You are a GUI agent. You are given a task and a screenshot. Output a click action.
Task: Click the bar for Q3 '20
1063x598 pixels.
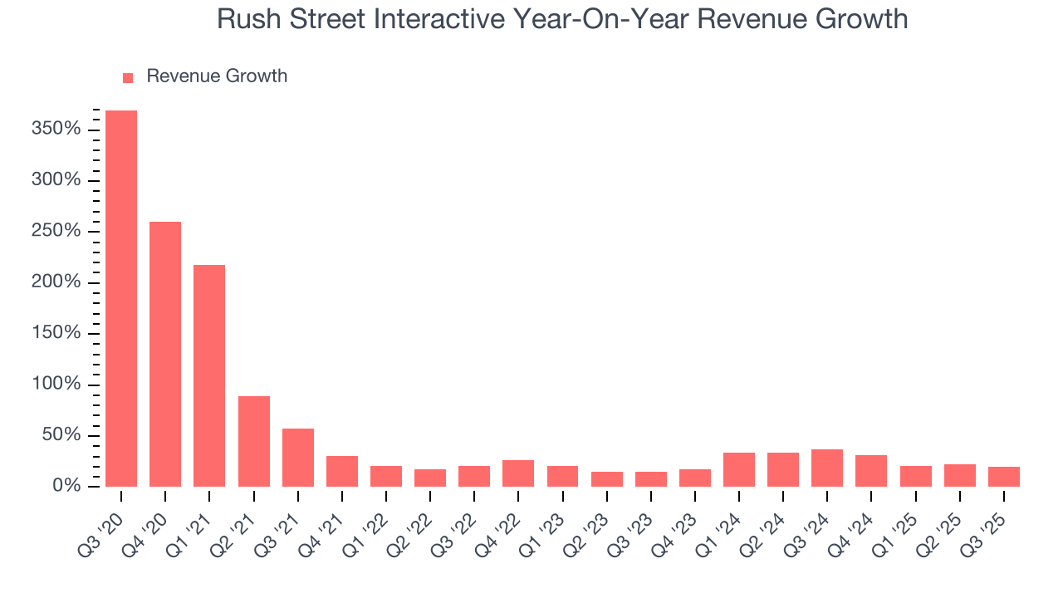pos(121,298)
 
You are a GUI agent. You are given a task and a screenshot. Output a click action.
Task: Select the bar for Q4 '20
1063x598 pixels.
pos(165,354)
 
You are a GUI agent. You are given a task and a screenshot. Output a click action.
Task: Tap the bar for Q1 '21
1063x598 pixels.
pos(209,375)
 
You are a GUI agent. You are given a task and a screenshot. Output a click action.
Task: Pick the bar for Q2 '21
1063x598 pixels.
pos(254,441)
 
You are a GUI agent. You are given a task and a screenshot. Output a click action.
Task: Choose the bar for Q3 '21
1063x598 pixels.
pos(298,458)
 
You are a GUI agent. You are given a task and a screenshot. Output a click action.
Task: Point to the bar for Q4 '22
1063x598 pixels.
pos(518,473)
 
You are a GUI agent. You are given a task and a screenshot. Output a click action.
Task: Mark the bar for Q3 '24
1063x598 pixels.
pos(827,468)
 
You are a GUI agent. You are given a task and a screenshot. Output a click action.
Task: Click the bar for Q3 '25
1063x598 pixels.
pos(1004,477)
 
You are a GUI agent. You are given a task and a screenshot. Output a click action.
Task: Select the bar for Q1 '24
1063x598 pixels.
pos(739,469)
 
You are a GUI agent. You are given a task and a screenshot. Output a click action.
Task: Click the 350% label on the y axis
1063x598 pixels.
pos(57,130)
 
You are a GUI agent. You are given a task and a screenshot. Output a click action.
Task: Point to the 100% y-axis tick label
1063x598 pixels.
pos(57,385)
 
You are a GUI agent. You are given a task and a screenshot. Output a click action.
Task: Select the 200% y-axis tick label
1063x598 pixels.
pos(57,282)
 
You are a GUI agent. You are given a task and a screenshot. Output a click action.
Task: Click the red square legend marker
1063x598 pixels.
pos(128,78)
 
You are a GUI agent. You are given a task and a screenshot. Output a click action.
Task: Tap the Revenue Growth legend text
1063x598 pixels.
pos(217,76)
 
